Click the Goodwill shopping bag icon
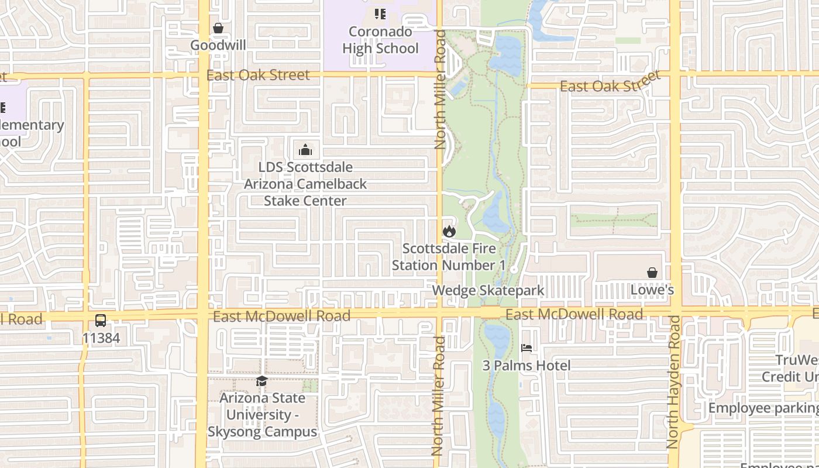(x=218, y=28)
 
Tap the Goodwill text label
(x=218, y=45)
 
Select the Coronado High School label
(x=380, y=40)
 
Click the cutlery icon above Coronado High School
(x=380, y=13)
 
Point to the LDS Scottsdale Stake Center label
(x=305, y=184)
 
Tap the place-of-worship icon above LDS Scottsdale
(x=305, y=150)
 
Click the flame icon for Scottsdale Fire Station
(x=449, y=231)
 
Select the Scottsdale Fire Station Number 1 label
(x=448, y=257)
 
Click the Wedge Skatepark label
(x=488, y=290)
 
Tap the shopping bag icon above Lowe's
(x=652, y=273)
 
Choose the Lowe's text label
(x=652, y=290)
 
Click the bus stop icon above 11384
(x=101, y=321)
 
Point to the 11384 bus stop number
(x=101, y=338)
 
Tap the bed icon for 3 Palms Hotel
(x=526, y=348)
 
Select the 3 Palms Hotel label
(x=526, y=366)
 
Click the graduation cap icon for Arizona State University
(x=261, y=381)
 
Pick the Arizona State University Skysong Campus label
(x=262, y=415)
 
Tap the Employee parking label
(x=763, y=407)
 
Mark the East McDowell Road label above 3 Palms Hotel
(x=574, y=314)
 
